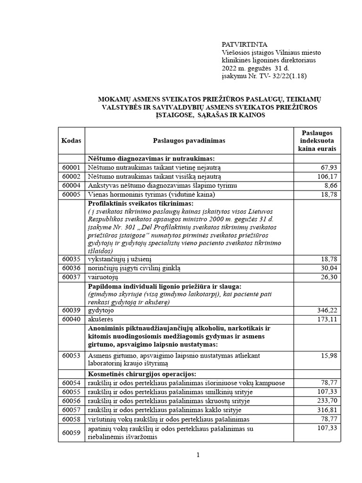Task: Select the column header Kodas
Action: [x=71, y=141]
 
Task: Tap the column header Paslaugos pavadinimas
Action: [x=189, y=141]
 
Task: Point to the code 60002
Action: [x=71, y=176]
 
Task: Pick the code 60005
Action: [x=71, y=195]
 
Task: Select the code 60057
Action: [x=71, y=410]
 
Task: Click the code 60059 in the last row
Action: [x=71, y=432]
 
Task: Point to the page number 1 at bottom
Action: [x=198, y=455]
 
